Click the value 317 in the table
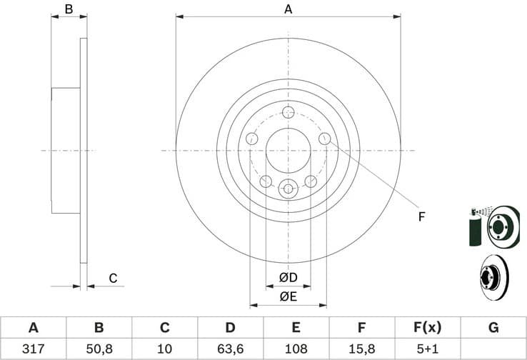[33, 349]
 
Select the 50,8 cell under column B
[99, 349]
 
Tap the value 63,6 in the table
[230, 349]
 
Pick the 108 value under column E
[296, 349]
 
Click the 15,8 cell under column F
[361, 349]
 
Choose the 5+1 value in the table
[427, 349]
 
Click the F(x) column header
[427, 328]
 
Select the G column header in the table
[493, 328]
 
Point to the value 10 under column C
[164, 349]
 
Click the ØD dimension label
[288, 277]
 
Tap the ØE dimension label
[288, 296]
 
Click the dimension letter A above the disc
[288, 9]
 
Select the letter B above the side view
[69, 9]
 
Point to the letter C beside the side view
[112, 278]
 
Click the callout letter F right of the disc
[421, 216]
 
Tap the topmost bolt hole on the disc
[288, 112]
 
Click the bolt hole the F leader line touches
[324, 139]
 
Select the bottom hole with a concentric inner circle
[288, 189]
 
